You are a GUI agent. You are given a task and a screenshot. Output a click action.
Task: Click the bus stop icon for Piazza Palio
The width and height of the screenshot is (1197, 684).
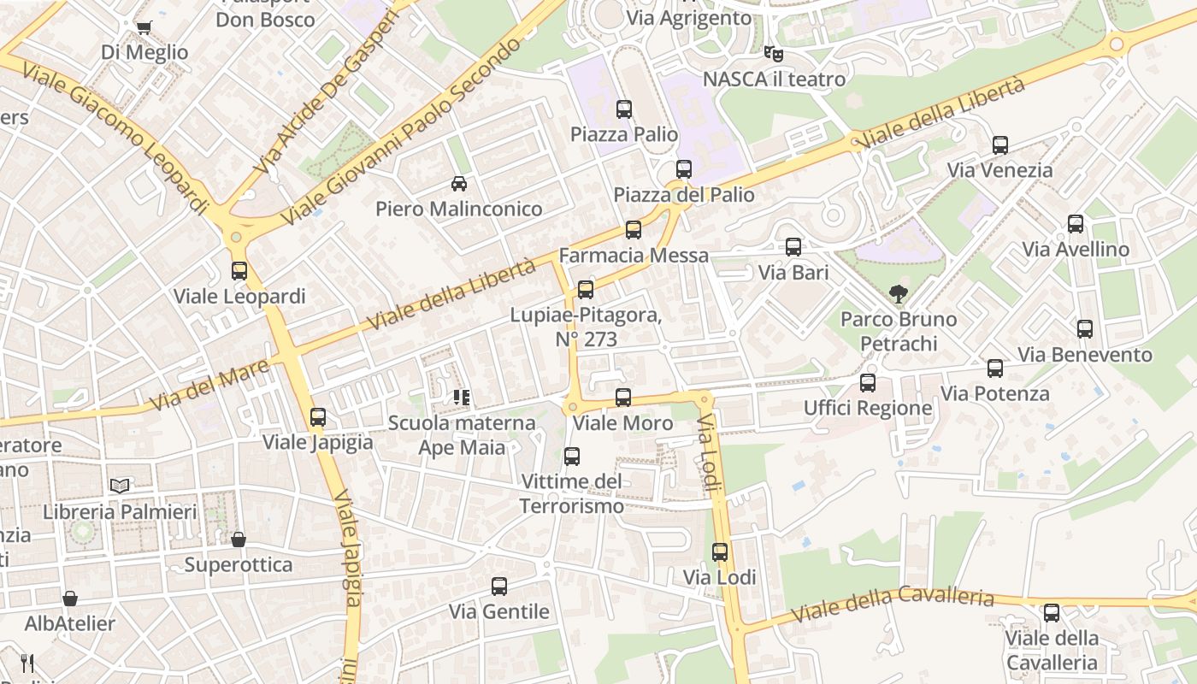pyautogui.click(x=624, y=109)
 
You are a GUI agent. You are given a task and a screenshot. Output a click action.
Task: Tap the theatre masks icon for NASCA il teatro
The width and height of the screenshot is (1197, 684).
pyautogui.click(x=774, y=54)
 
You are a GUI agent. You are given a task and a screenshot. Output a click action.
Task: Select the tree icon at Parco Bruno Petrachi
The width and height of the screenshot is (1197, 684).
pyautogui.click(x=898, y=295)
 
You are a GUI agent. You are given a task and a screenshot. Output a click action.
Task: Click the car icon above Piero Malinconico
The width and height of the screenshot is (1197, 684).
pyautogui.click(x=459, y=184)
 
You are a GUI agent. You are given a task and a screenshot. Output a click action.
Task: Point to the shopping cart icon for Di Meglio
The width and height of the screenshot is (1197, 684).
pyautogui.click(x=144, y=27)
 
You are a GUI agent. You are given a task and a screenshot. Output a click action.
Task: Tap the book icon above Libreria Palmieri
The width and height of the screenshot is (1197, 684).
pyautogui.click(x=120, y=486)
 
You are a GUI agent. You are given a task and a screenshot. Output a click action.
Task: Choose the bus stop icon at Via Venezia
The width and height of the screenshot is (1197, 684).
pyautogui.click(x=1000, y=145)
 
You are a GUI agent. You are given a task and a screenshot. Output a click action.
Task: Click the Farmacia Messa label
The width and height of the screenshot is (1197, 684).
pyautogui.click(x=634, y=256)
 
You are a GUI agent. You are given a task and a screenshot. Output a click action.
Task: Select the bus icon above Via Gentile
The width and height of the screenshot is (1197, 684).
pyautogui.click(x=499, y=587)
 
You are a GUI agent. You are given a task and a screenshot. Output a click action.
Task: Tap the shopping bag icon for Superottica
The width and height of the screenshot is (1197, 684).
pyautogui.click(x=239, y=540)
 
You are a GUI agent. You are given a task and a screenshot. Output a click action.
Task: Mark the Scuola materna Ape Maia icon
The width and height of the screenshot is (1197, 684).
pyautogui.click(x=462, y=398)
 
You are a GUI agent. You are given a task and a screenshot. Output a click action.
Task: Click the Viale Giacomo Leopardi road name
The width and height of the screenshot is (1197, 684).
pyautogui.click(x=115, y=137)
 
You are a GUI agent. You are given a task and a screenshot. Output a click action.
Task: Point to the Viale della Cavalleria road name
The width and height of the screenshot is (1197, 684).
pyautogui.click(x=893, y=604)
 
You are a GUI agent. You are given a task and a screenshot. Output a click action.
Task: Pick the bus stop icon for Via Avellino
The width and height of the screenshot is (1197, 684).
pyautogui.click(x=1076, y=224)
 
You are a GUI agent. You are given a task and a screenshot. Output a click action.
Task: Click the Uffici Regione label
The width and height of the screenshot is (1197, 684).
pyautogui.click(x=868, y=408)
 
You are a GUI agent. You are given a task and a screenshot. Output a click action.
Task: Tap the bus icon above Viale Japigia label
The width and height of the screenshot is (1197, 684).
pyautogui.click(x=318, y=417)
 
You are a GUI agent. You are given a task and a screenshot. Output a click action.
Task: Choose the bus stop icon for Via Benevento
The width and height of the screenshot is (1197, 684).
pyautogui.click(x=1085, y=329)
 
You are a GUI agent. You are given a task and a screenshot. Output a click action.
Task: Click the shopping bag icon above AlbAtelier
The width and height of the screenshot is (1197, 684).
pyautogui.click(x=70, y=598)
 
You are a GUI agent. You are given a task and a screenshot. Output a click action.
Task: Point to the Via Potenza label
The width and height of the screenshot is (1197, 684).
pyautogui.click(x=995, y=394)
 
